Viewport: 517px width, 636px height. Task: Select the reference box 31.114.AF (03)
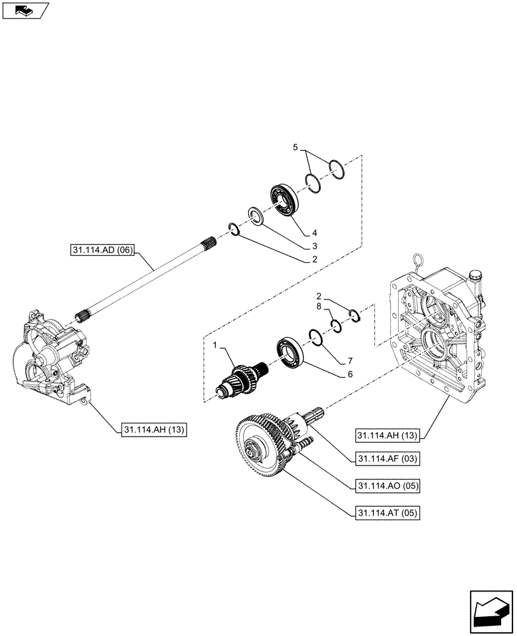point(385,458)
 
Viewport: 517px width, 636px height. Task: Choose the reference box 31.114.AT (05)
point(385,512)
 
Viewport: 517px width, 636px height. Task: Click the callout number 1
point(216,345)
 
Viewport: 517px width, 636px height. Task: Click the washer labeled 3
point(255,216)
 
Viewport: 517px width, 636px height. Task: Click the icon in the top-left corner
point(26,10)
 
